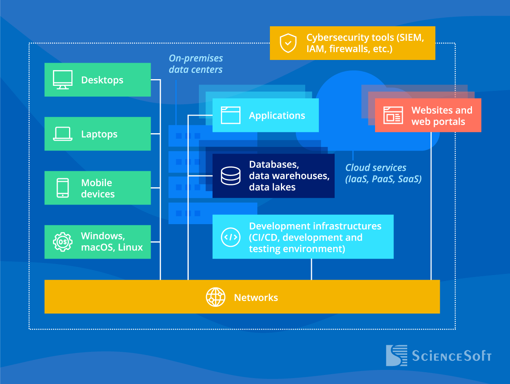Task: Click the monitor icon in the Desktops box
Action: [x=63, y=80]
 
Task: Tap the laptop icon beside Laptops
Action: [x=63, y=134]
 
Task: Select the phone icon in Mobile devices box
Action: [x=63, y=188]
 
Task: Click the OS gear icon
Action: [x=63, y=242]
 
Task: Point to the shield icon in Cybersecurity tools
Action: [x=288, y=43]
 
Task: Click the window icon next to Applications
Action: [x=231, y=115]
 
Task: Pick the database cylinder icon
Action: [x=231, y=176]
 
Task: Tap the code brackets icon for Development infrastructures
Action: [x=231, y=237]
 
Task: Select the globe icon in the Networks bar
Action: [x=216, y=297]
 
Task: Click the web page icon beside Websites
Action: [x=393, y=116]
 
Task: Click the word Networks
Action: [x=256, y=298]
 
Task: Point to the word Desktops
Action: [x=102, y=80]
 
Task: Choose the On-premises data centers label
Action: [x=196, y=64]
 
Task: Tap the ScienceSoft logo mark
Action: [x=397, y=355]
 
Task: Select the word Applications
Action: [x=277, y=116]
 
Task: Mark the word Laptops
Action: [x=99, y=134]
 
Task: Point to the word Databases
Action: [x=274, y=165]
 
